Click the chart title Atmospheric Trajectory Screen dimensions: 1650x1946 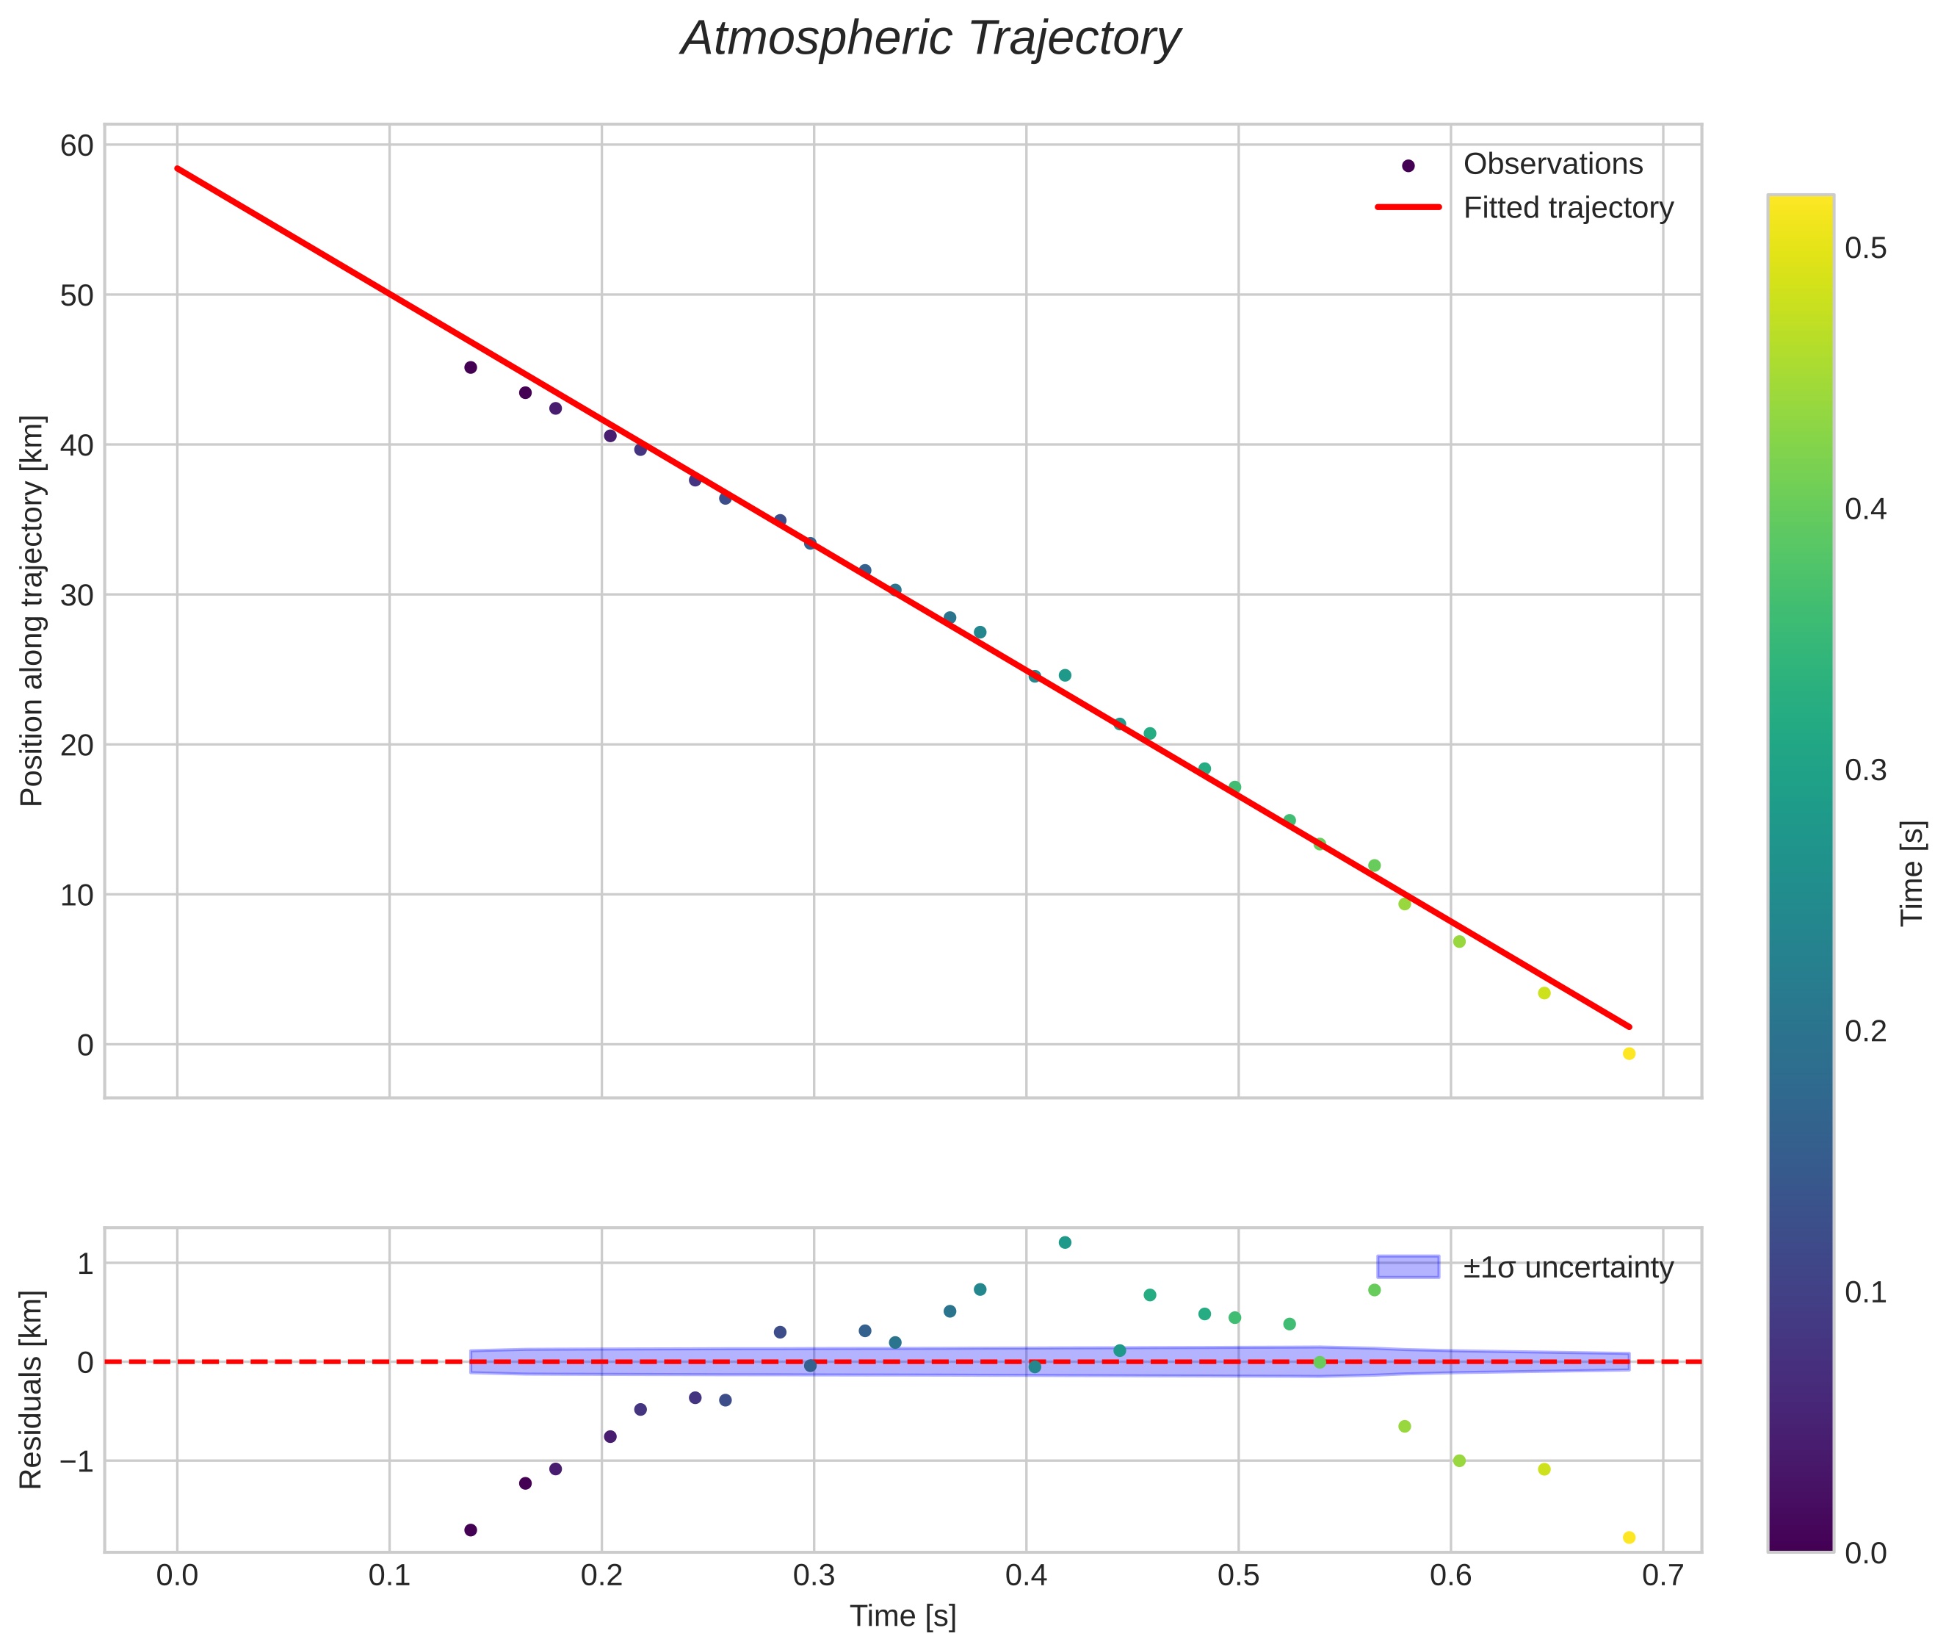930,39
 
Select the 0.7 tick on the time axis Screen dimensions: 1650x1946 1662,1576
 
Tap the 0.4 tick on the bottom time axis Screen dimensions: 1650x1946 1026,1576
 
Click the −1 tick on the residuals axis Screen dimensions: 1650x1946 73,1461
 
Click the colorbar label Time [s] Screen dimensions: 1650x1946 1913,873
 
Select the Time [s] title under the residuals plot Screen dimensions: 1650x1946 903,1616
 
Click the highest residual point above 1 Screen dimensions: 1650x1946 1064,1242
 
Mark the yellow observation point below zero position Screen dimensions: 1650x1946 1629,1054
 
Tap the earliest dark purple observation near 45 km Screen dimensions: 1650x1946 471,367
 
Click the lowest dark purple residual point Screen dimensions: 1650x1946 471,1530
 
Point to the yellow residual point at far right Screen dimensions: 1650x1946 1629,1538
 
